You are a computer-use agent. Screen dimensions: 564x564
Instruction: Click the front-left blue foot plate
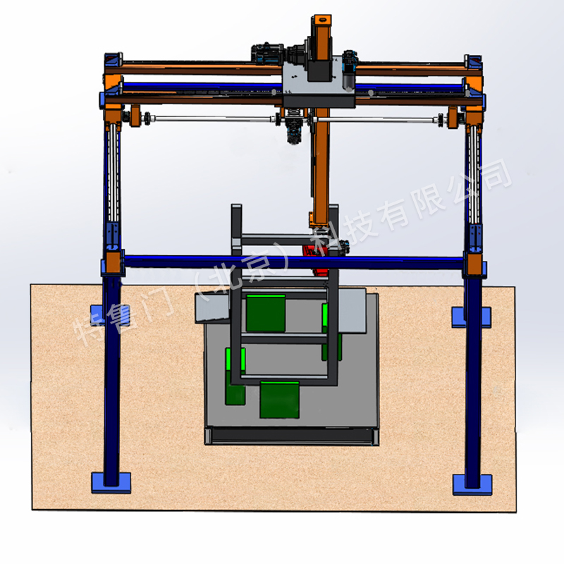tap(111, 483)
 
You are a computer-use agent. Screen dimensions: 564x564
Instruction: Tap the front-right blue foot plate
tap(472, 484)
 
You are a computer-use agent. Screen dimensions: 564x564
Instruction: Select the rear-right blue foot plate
tap(472, 317)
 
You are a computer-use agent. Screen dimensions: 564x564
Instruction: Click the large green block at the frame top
tap(266, 313)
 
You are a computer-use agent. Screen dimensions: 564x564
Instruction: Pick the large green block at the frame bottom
tap(279, 400)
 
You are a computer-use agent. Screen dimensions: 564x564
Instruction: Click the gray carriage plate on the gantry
tap(319, 81)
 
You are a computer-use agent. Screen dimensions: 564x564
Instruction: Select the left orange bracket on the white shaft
tap(135, 116)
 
